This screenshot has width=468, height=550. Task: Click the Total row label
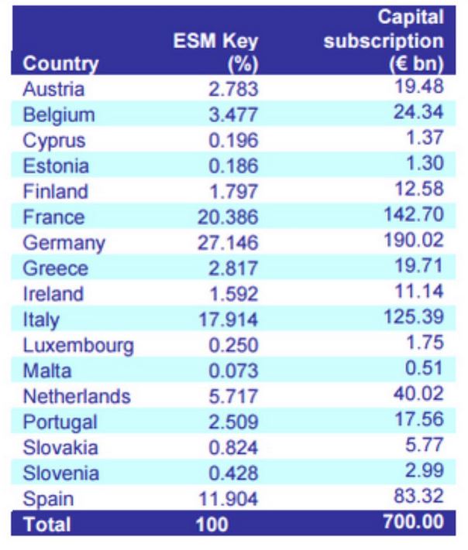(46, 525)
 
